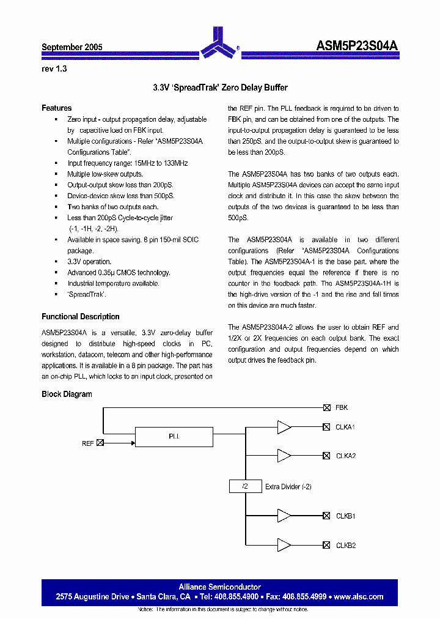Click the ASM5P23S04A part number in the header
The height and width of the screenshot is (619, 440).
358,46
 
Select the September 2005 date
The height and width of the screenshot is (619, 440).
71,47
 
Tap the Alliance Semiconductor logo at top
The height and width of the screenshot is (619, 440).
219,42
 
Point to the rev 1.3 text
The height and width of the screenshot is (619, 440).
54,69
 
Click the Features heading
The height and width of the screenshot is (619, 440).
56,108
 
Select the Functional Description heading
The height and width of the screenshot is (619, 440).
80,317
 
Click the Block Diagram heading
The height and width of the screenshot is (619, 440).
67,395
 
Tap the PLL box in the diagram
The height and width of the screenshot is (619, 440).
174,437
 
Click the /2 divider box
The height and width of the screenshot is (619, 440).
244,487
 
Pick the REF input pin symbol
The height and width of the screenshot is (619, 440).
100,443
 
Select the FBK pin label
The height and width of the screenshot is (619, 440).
342,407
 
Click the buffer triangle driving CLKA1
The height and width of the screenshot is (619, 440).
284,427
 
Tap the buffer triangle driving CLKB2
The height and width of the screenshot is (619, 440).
284,545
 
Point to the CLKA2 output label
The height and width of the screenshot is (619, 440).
345,456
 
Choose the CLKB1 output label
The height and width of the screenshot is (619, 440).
345,516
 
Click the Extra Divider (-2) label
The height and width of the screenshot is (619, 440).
288,487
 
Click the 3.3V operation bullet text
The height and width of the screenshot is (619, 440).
89,262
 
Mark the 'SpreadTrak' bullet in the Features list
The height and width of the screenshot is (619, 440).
86,295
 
